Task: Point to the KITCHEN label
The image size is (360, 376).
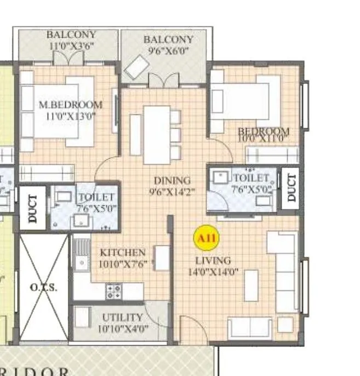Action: [x=123, y=252]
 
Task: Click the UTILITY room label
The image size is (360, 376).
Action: [x=122, y=317]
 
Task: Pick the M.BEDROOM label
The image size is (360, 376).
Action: [x=70, y=105]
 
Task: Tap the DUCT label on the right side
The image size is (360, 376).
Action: [x=291, y=186]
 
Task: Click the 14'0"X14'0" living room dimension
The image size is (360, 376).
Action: [x=213, y=271]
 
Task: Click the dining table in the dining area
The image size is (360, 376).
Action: [x=157, y=134]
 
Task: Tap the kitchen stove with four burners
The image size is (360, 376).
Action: [x=113, y=290]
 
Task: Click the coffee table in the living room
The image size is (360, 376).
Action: [x=251, y=285]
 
